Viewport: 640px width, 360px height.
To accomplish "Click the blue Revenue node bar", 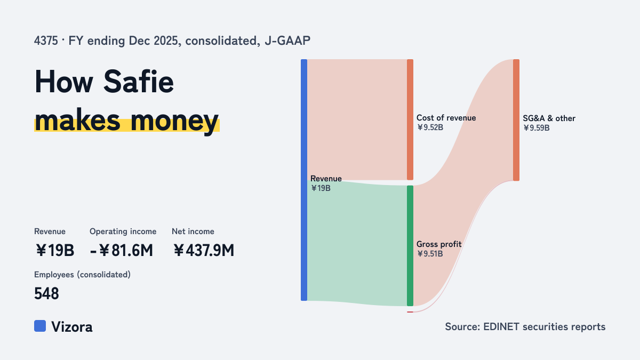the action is [x=304, y=180].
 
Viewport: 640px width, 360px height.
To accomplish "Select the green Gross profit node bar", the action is [x=410, y=246].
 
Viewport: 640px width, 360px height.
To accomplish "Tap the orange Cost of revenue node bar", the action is [x=410, y=119].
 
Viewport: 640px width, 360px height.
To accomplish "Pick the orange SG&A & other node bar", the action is [x=516, y=120].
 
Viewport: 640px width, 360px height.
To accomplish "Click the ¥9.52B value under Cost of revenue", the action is [x=430, y=127].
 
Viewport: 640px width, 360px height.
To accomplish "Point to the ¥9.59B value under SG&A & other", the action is [x=537, y=128].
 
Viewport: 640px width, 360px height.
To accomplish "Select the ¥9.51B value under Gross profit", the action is [x=430, y=254].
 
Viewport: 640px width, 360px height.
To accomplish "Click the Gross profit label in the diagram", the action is [x=439, y=244].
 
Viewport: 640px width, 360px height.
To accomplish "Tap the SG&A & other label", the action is [x=549, y=118].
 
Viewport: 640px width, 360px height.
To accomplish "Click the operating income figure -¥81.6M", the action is [x=122, y=251].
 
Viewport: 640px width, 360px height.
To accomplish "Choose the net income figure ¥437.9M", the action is [x=203, y=251].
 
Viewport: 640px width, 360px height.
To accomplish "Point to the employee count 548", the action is [x=46, y=294].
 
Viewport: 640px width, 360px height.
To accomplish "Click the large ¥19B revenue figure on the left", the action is [x=55, y=251].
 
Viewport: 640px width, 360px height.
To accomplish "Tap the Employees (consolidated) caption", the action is [x=82, y=275].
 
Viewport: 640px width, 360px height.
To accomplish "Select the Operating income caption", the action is [x=123, y=231].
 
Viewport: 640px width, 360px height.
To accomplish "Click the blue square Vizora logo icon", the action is [x=40, y=326].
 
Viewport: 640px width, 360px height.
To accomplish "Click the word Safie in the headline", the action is [x=139, y=82].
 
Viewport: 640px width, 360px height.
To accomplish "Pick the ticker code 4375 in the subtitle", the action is [x=46, y=41].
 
